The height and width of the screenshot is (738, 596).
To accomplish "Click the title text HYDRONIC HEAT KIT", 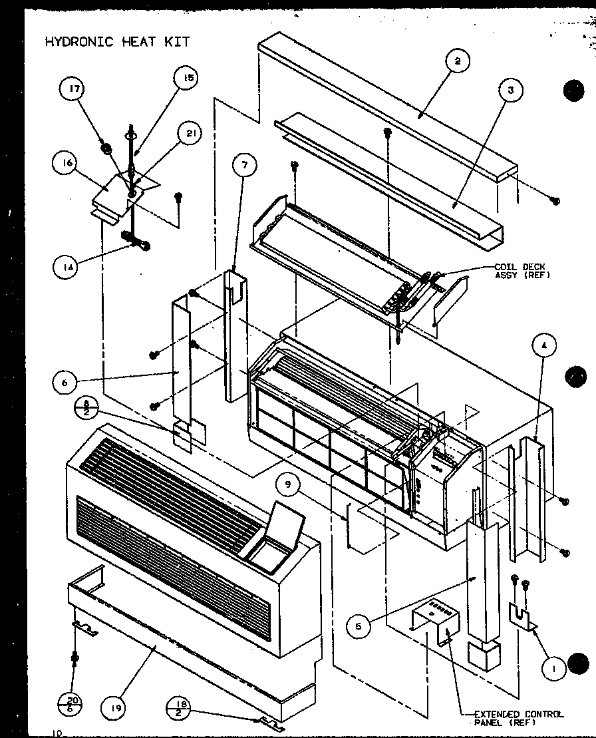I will click(x=117, y=42).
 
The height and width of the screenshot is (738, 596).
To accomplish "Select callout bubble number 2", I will click(x=457, y=61).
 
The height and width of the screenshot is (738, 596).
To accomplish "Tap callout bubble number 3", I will click(x=510, y=91).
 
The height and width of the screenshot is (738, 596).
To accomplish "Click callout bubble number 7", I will click(x=244, y=165).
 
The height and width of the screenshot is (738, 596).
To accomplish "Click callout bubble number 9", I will click(x=287, y=486).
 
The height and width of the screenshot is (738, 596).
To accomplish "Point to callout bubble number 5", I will click(x=359, y=626).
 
